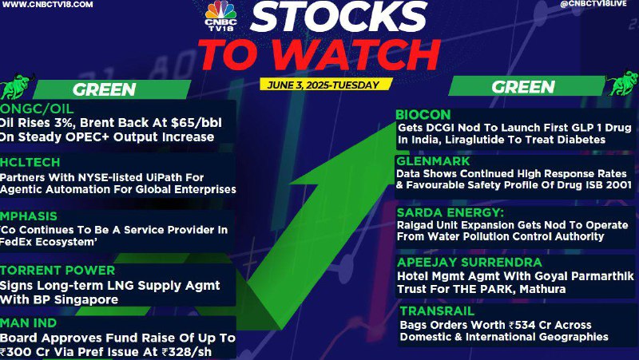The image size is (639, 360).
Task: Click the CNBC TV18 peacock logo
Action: [x=220, y=16]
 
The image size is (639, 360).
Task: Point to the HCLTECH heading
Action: [x=30, y=162]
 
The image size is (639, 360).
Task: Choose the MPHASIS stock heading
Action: [x=29, y=216]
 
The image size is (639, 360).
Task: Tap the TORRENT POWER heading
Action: [x=58, y=270]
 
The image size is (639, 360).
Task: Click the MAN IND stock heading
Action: [x=28, y=323]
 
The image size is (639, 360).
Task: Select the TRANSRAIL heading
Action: [x=437, y=311]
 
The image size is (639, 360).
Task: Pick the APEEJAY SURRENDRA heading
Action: [x=470, y=262]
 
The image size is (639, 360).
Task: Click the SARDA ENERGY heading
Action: [x=450, y=212]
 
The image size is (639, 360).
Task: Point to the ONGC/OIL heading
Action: [x=37, y=109]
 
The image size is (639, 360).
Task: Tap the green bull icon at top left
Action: [x=16, y=86]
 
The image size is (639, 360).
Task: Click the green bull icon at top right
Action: [x=623, y=83]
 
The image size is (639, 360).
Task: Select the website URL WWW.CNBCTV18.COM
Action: [x=47, y=5]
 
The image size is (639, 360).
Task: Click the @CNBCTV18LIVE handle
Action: [x=593, y=4]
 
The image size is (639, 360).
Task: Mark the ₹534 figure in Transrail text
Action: [x=522, y=325]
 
